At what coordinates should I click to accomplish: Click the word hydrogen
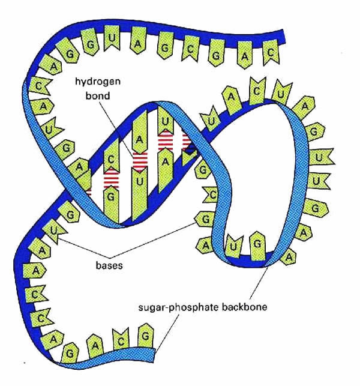[98, 82]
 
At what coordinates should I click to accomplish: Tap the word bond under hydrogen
[98, 95]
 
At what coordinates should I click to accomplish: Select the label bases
[109, 265]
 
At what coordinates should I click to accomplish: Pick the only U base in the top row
[112, 38]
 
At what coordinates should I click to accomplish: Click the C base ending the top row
[271, 52]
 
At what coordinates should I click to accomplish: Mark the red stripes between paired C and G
[111, 178]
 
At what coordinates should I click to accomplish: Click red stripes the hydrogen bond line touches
[140, 161]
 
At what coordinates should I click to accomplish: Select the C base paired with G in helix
[111, 155]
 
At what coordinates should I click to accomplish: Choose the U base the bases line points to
[54, 232]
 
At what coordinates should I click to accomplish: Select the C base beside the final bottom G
[121, 340]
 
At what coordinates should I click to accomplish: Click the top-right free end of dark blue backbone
[284, 37]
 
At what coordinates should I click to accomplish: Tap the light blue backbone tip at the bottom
[154, 355]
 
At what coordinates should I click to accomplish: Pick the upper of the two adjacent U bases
[320, 157]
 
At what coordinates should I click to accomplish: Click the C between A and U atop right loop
[257, 91]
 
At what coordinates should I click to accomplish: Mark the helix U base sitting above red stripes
[166, 121]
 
